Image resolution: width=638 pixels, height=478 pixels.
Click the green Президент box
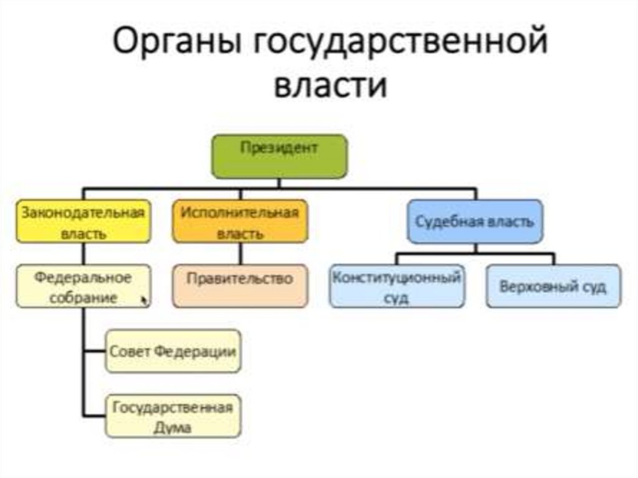[x=279, y=156]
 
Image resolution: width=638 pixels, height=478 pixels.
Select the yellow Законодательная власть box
[x=83, y=221]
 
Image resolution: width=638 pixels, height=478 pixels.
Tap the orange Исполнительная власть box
[x=240, y=221]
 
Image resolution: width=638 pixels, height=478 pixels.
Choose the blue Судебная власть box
[x=475, y=221]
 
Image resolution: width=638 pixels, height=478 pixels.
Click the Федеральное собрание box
[x=83, y=286]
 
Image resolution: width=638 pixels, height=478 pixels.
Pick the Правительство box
[x=240, y=286]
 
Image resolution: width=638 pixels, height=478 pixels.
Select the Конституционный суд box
[x=397, y=286]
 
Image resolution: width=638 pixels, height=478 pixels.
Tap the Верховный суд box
[x=553, y=286]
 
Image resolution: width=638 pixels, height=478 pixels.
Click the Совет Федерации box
[x=173, y=351]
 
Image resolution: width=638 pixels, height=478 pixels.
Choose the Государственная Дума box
[x=173, y=416]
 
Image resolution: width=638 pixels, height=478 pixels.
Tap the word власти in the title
[x=330, y=85]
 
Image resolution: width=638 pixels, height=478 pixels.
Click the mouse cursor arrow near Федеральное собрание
[x=145, y=300]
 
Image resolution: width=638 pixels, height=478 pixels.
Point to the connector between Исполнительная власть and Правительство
[x=240, y=254]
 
